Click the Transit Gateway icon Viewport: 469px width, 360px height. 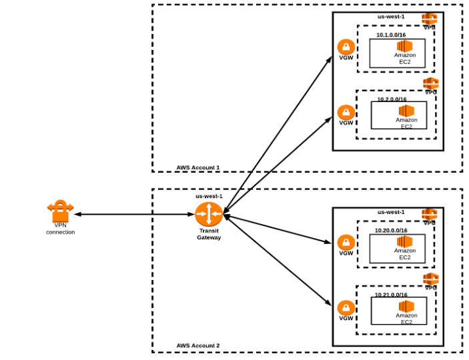tap(209, 215)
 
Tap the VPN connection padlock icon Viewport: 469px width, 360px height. tap(60, 212)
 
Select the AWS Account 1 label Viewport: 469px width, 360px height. tap(198, 167)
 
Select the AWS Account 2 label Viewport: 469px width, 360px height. tap(198, 346)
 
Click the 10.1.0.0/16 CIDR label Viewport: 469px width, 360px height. tap(391, 35)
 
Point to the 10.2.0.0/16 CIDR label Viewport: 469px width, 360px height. tap(392, 99)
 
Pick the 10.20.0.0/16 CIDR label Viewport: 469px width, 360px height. tap(391, 230)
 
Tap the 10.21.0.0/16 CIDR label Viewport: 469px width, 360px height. tap(391, 294)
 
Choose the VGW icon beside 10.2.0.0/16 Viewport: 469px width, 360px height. tap(346, 111)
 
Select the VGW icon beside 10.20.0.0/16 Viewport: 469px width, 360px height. tap(346, 242)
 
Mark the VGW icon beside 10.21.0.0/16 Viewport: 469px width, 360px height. tap(346, 307)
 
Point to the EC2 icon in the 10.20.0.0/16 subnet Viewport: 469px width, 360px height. tap(405, 241)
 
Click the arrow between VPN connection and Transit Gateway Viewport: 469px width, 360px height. tap(133, 215)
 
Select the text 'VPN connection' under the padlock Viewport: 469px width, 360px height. tap(60, 229)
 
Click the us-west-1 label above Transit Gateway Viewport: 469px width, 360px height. tap(209, 197)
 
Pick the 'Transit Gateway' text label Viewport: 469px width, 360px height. tap(209, 234)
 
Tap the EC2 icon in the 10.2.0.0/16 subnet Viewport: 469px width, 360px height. tap(406, 110)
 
